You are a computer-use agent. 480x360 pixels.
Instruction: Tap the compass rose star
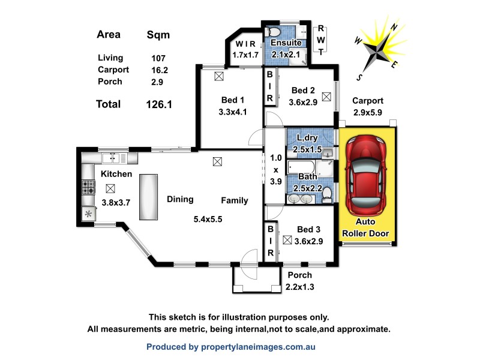(x=376, y=51)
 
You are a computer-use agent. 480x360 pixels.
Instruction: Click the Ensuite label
(x=286, y=43)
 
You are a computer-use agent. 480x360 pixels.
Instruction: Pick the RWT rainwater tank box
(x=322, y=40)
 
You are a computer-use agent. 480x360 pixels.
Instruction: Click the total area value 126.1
(x=159, y=104)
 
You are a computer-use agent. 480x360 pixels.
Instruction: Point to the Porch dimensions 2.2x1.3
(x=300, y=287)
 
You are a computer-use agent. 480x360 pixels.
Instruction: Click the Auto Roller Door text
(x=365, y=228)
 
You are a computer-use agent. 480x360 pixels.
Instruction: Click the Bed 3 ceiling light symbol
(x=287, y=241)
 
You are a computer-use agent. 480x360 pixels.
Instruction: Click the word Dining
(x=180, y=199)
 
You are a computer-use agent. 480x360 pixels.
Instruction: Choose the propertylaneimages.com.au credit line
(x=231, y=347)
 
